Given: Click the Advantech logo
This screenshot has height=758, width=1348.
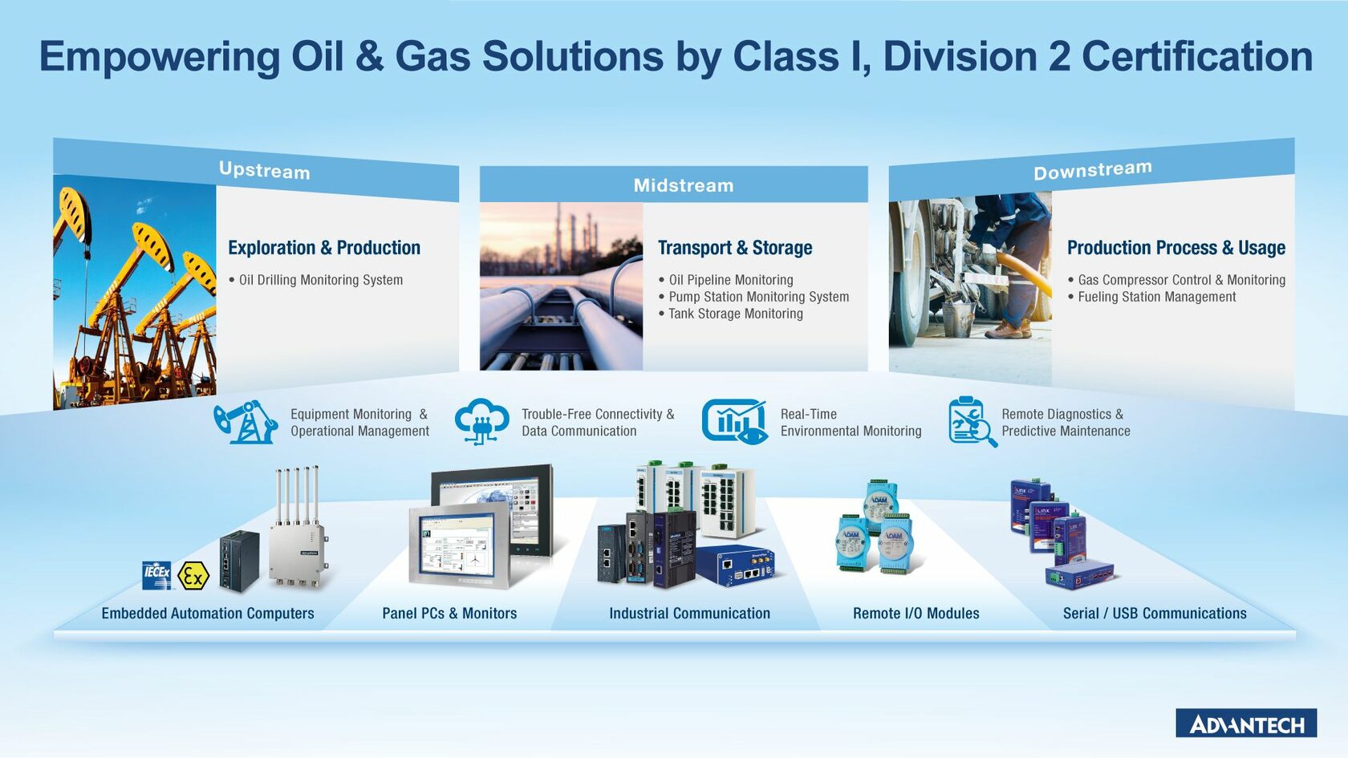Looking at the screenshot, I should coord(1246,724).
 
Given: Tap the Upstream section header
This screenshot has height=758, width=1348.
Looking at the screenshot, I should coord(264,170).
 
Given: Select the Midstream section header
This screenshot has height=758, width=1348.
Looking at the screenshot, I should coord(683,185).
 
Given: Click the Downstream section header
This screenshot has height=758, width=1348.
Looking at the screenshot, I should coord(1092,170).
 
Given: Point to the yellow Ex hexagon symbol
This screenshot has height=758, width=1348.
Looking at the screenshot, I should coord(193,575).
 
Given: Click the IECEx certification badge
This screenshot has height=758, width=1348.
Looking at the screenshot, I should coord(157,574).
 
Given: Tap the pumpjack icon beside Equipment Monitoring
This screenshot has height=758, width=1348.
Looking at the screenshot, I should coord(246,422).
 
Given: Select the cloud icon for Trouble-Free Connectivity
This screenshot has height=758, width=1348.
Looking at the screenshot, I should coord(481,421).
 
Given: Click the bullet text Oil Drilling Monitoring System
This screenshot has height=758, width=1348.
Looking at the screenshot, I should coord(321,280).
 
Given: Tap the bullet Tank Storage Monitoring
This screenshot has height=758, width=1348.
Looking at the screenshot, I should coord(735,314).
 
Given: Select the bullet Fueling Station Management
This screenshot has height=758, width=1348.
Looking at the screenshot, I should coord(1156,297).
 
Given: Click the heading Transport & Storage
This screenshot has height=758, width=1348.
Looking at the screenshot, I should coord(735,248).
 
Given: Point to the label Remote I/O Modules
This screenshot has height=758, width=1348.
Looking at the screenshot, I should coord(916,614).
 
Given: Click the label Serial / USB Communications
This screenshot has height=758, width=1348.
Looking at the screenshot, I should coord(1155,614).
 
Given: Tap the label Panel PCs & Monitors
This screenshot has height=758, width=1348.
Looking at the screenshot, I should coord(449,614).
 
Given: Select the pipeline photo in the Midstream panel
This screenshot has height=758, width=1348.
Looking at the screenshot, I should coord(561,286).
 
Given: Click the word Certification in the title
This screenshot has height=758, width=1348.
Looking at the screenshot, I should coord(1197,57).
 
